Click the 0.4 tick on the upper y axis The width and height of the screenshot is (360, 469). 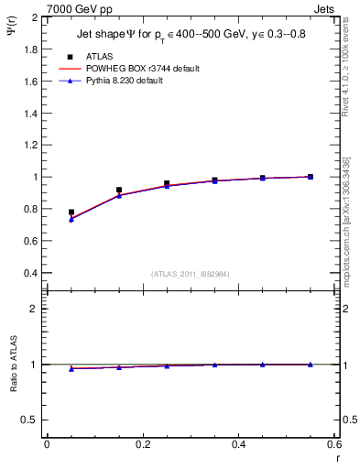tap(31, 273)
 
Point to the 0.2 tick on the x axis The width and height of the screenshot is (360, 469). tap(143, 445)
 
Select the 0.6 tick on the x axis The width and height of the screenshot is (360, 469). tap(335, 445)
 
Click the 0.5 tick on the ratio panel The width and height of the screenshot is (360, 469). tap(31, 420)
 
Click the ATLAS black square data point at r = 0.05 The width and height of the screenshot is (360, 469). tap(71, 213)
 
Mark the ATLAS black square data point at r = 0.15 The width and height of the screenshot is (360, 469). tap(119, 190)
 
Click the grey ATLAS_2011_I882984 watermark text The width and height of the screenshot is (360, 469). tap(191, 275)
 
